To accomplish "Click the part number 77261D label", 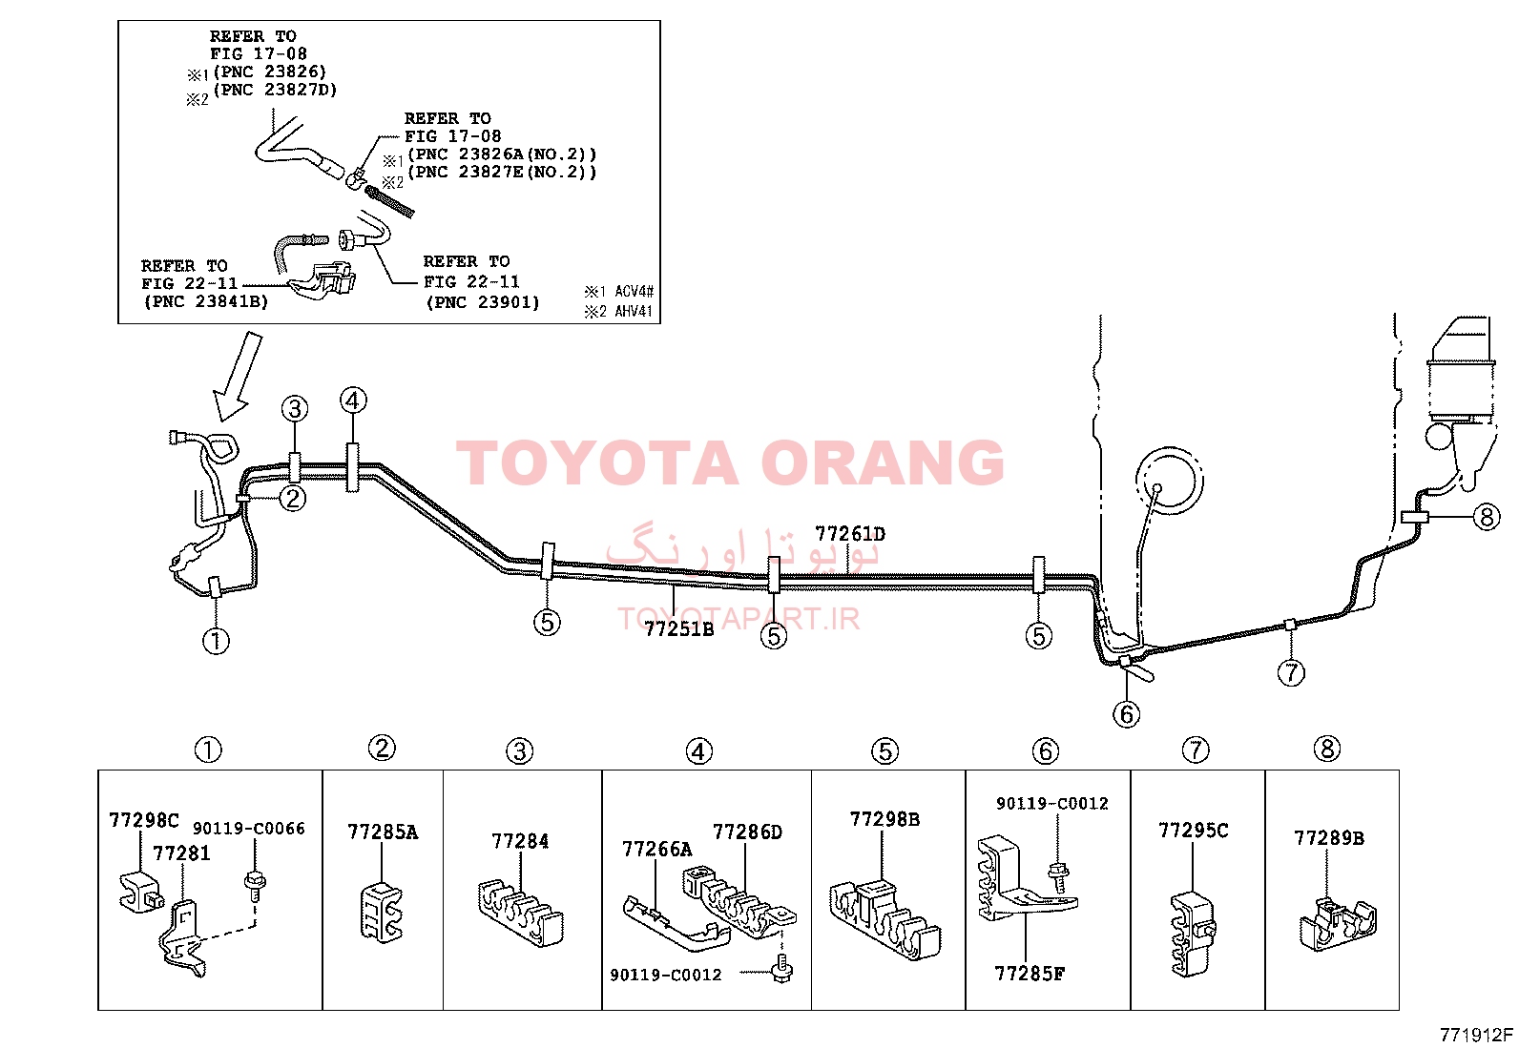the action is coord(850,533).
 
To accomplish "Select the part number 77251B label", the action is coord(678,629).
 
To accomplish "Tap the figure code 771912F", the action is coord(1476,1035).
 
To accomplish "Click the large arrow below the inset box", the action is coord(238,377).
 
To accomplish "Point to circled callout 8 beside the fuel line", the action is coord(1487,517).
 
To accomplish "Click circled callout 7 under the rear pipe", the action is coord(1290,673).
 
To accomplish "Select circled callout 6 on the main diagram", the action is coord(1126,714).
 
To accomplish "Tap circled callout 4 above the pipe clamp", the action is coord(353,401).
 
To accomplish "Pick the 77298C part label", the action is coord(144,820).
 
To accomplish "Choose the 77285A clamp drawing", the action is coord(381,913).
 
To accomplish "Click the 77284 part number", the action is coord(520,841).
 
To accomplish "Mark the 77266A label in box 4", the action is coord(657,850).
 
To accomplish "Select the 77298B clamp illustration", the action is coord(884,919).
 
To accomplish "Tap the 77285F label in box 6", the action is coord(1030,975).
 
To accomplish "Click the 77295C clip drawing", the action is coord(1192,935).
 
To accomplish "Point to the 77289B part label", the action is coord(1328,838).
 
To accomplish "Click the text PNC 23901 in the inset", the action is coord(483,302).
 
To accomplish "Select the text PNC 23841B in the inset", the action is coord(206,301).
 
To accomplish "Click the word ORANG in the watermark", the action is coord(883,462).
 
